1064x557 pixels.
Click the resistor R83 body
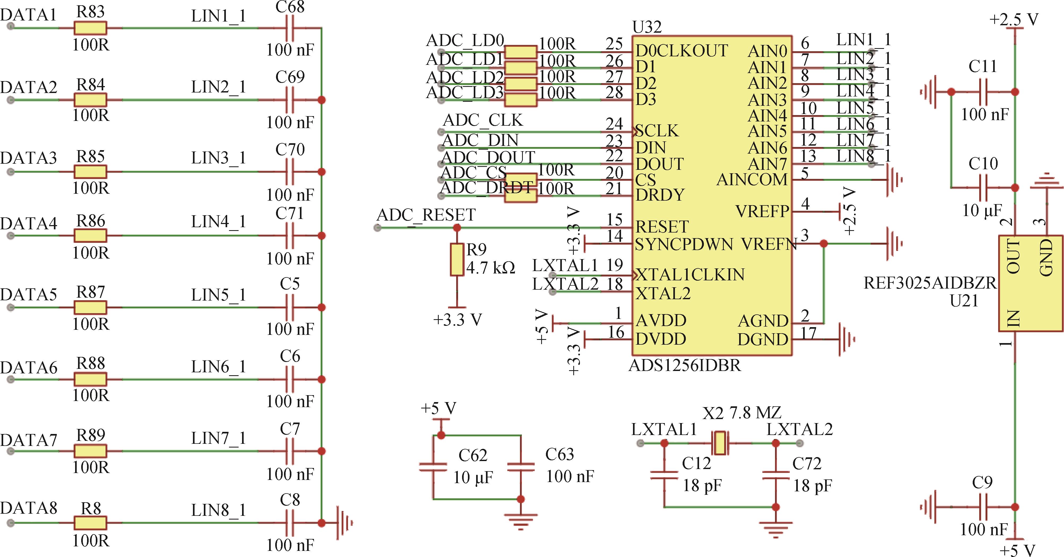point(90,28)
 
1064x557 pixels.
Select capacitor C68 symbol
point(290,28)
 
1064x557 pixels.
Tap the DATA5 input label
point(28,294)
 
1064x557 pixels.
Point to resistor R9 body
point(456,260)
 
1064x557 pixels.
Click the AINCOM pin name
point(752,179)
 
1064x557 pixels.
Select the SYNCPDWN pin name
point(684,244)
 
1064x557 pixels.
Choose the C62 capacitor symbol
point(433,467)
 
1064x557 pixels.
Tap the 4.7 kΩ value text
point(491,268)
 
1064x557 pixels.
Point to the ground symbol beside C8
point(344,523)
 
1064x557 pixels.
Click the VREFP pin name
point(762,211)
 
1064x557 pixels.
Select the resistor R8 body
point(90,523)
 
